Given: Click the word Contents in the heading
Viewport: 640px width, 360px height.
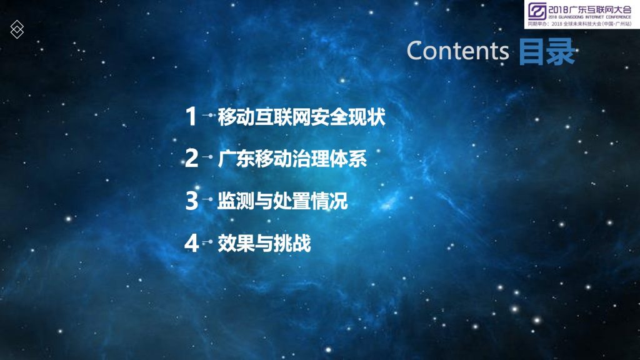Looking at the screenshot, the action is click(457, 51).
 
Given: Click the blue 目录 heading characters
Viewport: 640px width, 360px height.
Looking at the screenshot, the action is click(547, 51).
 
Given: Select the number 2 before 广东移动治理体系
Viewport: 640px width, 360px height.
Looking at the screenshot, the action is click(191, 158).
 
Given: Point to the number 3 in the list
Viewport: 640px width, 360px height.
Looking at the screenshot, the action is click(191, 201).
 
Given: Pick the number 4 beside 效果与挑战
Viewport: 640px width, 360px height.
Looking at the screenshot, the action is click(191, 243).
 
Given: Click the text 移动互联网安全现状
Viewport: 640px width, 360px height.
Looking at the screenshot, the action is click(302, 117).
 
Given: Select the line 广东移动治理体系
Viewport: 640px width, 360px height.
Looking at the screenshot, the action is click(292, 159).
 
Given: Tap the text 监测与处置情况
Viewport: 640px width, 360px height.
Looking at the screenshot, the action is click(282, 201).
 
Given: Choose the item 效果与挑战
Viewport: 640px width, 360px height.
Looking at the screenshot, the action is click(264, 243).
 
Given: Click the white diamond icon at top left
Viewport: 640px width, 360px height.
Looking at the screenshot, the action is click(17, 29).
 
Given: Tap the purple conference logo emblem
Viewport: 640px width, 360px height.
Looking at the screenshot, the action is click(537, 11).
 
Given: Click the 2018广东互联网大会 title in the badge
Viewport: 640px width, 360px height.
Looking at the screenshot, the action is click(590, 9).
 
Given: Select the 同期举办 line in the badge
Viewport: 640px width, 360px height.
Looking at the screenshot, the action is click(579, 24).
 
